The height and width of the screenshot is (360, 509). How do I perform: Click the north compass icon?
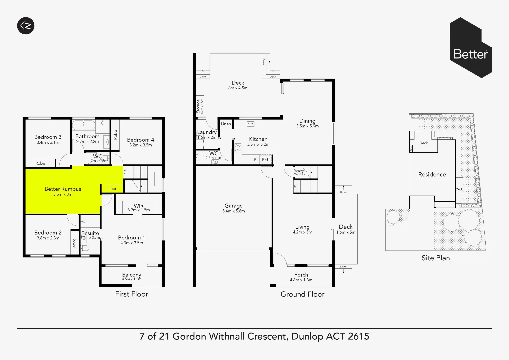click(x=26, y=26)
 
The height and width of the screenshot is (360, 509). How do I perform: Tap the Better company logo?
click(x=471, y=48)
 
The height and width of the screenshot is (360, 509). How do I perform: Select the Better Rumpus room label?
click(x=63, y=189)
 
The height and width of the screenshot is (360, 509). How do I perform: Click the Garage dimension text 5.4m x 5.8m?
click(x=233, y=211)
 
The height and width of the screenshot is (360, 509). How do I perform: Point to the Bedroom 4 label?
click(x=140, y=140)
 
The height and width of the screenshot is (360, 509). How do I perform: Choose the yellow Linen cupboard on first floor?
click(x=112, y=188)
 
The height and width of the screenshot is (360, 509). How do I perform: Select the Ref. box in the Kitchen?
click(x=266, y=160)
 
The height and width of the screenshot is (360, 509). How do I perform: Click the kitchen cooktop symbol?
click(x=238, y=147)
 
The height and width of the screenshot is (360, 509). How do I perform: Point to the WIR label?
click(x=138, y=206)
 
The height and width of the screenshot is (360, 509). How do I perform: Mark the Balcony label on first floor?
click(x=131, y=275)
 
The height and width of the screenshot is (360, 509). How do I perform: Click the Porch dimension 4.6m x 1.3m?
click(x=301, y=280)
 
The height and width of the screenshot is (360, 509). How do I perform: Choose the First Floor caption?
click(x=131, y=294)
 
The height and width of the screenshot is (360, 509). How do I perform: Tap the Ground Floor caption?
click(x=302, y=294)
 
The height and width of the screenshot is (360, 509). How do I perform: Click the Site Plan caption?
click(x=435, y=258)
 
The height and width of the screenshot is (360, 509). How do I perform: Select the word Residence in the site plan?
click(x=432, y=174)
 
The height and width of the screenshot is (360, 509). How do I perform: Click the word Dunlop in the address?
click(x=307, y=336)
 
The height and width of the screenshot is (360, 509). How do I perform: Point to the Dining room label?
click(x=307, y=121)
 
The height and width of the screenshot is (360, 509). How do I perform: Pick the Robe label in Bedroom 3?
click(x=40, y=163)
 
